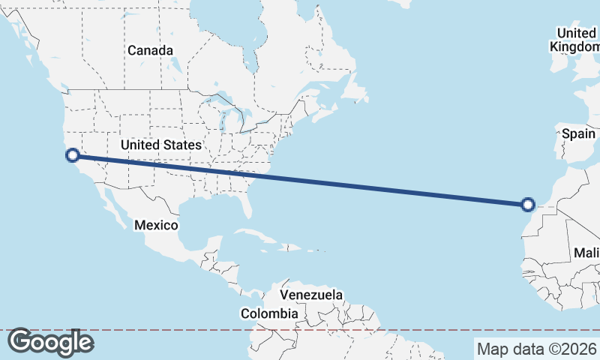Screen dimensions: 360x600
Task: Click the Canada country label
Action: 150,50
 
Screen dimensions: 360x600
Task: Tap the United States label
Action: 160,145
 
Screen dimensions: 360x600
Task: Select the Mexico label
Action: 156,225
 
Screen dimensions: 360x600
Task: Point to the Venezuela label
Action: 310,295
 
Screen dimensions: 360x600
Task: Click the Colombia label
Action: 269,313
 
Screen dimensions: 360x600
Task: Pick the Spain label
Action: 578,134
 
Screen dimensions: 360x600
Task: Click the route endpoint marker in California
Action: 73,155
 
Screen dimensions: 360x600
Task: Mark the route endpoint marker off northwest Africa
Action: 528,204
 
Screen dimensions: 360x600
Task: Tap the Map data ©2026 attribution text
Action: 536,349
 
